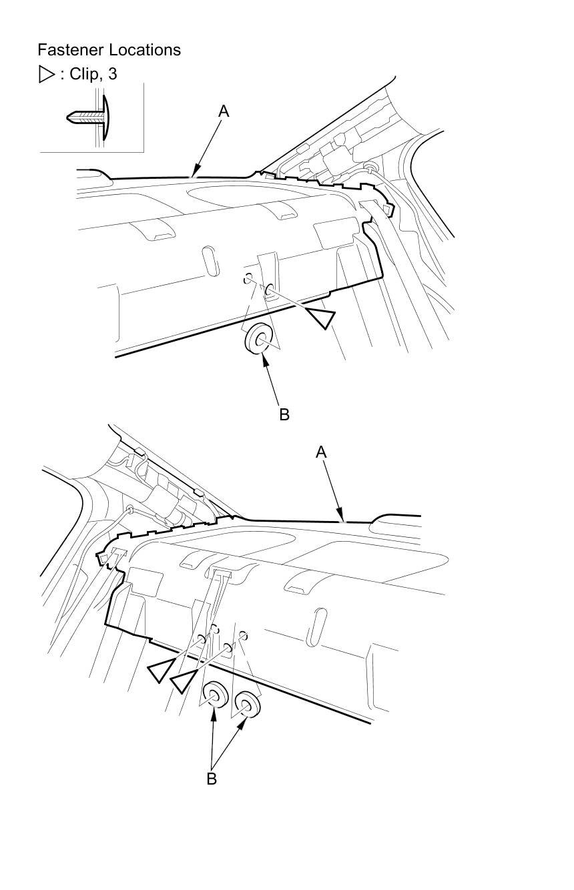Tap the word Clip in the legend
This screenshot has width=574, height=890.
coord(84,74)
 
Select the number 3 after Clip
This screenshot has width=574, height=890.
coord(112,74)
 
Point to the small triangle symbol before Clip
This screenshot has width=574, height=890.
coord(46,74)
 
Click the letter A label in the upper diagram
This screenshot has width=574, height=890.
coord(224,112)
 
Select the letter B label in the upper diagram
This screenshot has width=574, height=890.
coord(284,414)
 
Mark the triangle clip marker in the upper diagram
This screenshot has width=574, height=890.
coord(320,317)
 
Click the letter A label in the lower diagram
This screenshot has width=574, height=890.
coord(321,452)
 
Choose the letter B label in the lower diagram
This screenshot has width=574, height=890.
coord(212,779)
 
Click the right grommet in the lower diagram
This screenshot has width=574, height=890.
coord(246,703)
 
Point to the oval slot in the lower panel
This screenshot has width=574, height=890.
coord(314,627)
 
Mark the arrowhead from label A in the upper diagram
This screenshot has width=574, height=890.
coord(195,175)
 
